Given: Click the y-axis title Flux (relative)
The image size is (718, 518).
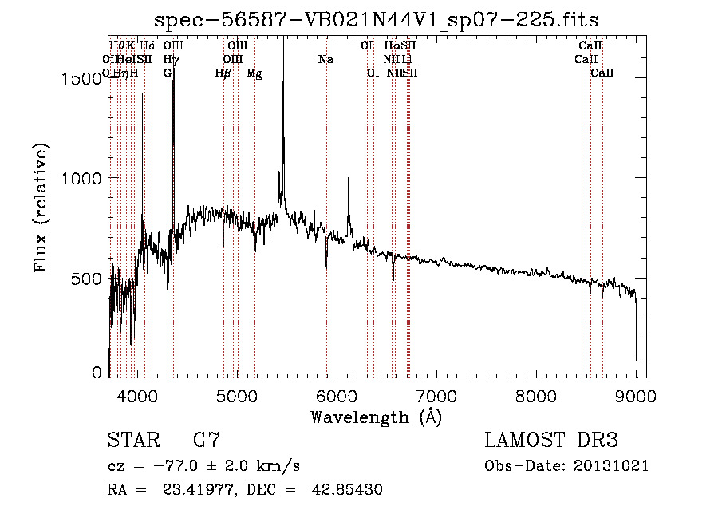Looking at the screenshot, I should point(41,208).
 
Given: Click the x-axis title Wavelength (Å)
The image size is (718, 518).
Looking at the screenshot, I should point(376,417).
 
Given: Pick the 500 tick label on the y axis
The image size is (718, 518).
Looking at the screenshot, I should point(89,279).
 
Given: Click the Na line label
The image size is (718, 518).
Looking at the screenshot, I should point(325,59).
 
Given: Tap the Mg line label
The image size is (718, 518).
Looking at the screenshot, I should point(254,73).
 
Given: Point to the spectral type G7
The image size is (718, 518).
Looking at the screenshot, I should point(207,440).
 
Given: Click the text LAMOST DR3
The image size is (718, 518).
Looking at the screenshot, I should point(551,440).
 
